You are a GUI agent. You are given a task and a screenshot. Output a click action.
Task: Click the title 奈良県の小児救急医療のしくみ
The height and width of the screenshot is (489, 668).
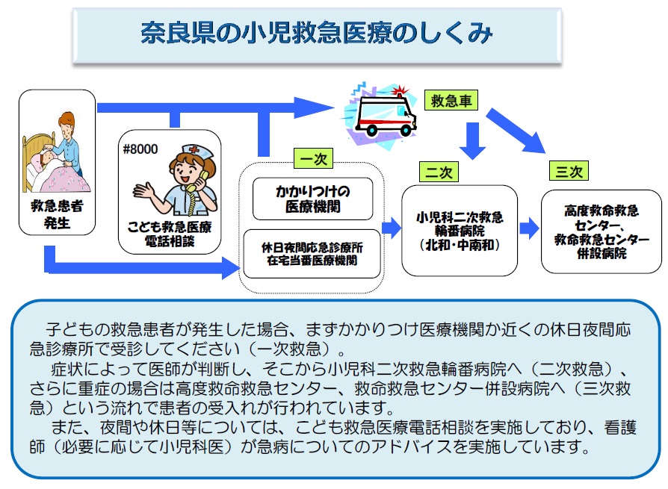coord(317,34)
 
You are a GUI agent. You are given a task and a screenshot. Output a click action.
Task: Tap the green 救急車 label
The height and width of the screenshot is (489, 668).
coord(451,101)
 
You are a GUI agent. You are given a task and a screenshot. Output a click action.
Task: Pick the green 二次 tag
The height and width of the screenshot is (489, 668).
coord(439,172)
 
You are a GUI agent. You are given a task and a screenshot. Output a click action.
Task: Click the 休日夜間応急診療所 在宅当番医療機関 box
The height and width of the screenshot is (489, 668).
coord(312,254)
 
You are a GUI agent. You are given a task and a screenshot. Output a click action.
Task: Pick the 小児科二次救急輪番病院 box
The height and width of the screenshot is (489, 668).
coord(460,231)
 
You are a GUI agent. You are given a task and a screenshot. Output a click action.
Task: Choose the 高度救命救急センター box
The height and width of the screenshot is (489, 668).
coord(601,231)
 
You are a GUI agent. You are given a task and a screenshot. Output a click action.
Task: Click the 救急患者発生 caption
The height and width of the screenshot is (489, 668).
coord(57,212)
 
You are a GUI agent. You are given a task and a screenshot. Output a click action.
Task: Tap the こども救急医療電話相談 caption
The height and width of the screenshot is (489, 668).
coord(169,234)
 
